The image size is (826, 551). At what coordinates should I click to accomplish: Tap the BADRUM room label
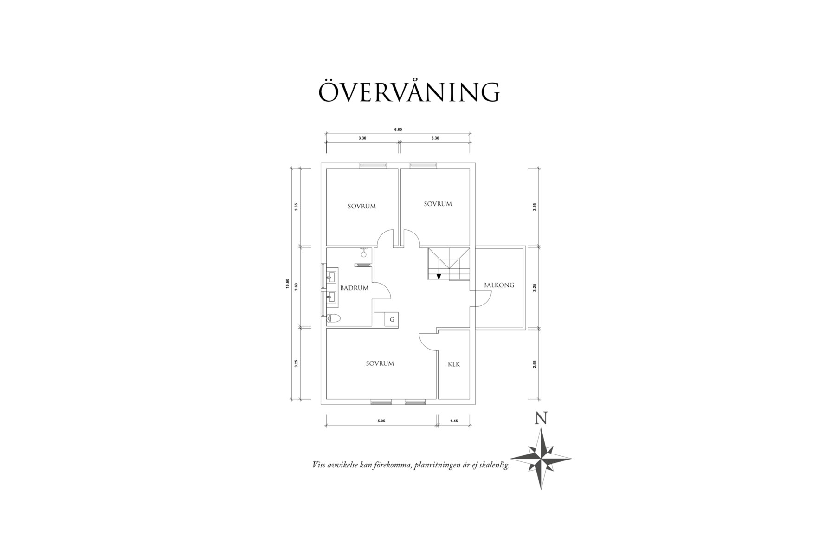tap(354, 288)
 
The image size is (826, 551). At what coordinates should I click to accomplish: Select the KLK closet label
tap(454, 364)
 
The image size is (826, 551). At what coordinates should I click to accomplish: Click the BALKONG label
tap(498, 285)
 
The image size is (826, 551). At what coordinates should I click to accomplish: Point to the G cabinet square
tap(392, 319)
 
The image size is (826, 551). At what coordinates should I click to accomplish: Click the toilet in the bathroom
tap(333, 318)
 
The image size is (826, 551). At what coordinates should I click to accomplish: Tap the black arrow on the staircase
tap(439, 277)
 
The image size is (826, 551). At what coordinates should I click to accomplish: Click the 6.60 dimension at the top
tap(398, 130)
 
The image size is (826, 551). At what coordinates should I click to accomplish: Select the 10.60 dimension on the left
tap(288, 284)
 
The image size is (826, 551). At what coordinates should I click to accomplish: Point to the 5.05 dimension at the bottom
tap(381, 421)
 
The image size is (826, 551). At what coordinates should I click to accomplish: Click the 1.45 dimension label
tap(454, 421)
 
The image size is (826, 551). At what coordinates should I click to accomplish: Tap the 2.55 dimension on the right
tap(535, 364)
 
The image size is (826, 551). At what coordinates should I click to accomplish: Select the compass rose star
tap(541, 458)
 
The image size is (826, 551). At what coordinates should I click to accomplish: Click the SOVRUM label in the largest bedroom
tap(380, 363)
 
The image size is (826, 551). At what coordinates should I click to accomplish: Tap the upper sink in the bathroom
tap(331, 278)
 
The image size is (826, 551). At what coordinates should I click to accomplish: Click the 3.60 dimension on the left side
tap(296, 286)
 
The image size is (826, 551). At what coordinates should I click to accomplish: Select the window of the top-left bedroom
tap(373, 165)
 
